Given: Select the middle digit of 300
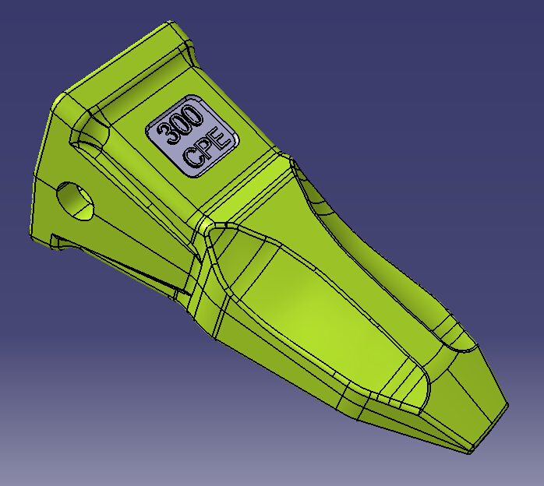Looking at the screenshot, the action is pyautogui.click(x=181, y=123).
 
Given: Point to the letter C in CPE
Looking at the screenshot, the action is pyautogui.click(x=193, y=158).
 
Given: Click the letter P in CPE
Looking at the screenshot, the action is pyautogui.click(x=207, y=148).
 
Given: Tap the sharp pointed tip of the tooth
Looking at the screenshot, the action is pyautogui.click(x=471, y=451).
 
